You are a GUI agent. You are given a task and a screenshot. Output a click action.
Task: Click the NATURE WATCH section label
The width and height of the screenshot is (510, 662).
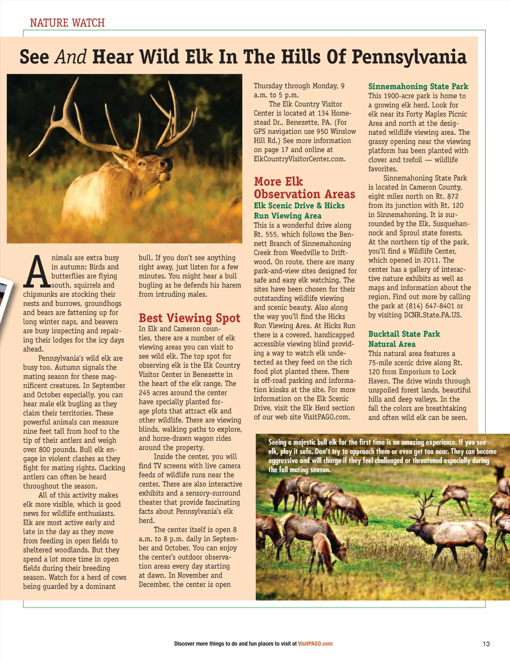point(67,23)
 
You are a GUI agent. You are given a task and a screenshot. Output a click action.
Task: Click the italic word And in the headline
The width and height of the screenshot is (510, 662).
point(70,57)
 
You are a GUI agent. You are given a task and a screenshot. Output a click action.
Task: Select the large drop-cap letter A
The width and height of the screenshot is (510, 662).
point(37,272)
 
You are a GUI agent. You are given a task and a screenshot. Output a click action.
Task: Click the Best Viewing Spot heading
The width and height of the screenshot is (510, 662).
point(189,318)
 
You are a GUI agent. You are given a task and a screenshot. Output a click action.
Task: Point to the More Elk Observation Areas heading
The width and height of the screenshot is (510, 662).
point(304,188)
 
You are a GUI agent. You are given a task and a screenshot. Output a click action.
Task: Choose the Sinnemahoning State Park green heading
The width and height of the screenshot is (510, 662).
point(418,86)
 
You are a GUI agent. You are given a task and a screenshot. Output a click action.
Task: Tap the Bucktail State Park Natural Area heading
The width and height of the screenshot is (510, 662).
point(404,339)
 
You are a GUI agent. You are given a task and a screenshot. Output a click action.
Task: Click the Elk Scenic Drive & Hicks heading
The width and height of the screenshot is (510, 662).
point(299,206)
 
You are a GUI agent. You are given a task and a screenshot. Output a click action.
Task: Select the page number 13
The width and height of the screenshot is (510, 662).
point(486,644)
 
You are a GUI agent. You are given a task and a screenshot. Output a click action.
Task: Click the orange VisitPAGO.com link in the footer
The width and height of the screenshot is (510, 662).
point(315,644)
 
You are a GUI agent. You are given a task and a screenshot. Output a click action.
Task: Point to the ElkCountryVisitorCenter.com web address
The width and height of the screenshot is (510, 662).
point(299,159)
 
